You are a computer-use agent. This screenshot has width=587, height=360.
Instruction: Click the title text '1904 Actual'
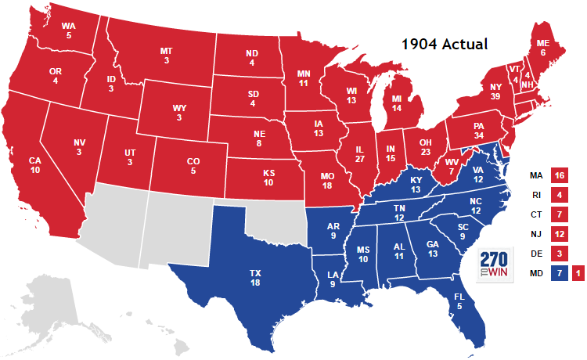tap(445, 45)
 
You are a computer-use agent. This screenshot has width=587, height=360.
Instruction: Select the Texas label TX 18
tap(256, 278)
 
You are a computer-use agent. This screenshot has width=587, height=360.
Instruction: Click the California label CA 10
tap(35, 165)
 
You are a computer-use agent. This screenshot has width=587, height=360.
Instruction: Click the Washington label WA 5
tap(68, 30)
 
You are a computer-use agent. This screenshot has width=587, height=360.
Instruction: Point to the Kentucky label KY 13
tap(416, 185)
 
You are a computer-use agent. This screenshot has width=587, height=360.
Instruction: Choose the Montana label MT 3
tap(166, 56)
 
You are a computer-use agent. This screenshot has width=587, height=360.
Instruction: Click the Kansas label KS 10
tap(269, 178)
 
